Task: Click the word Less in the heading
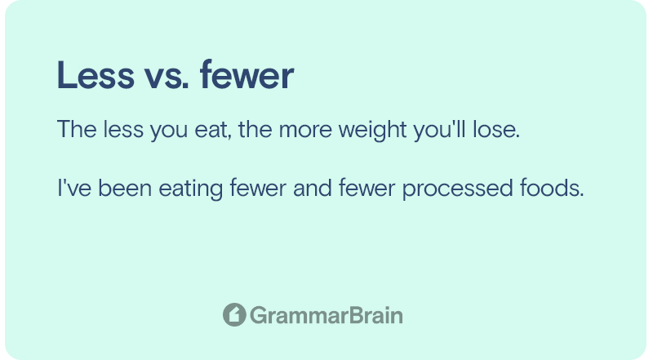click(96, 75)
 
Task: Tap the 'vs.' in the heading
click(167, 78)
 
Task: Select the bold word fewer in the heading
click(247, 75)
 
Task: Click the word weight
click(372, 131)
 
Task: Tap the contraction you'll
click(439, 131)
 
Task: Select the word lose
click(496, 129)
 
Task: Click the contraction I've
click(74, 188)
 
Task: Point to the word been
click(125, 188)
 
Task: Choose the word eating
click(191, 189)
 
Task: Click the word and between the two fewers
click(313, 188)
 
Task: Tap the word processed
click(457, 189)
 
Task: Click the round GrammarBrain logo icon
click(234, 314)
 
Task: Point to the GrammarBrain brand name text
click(326, 315)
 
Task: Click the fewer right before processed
click(366, 188)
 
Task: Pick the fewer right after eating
click(258, 188)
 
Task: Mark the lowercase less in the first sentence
click(124, 129)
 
